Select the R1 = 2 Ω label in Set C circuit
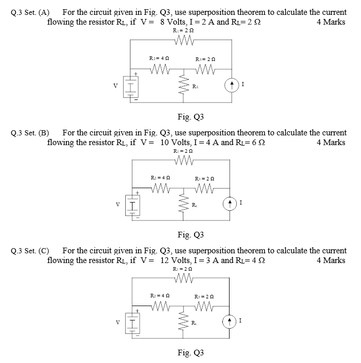click(183, 269)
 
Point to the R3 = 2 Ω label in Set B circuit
click(204, 178)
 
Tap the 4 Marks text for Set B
click(331, 142)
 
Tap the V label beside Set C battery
click(118, 323)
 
